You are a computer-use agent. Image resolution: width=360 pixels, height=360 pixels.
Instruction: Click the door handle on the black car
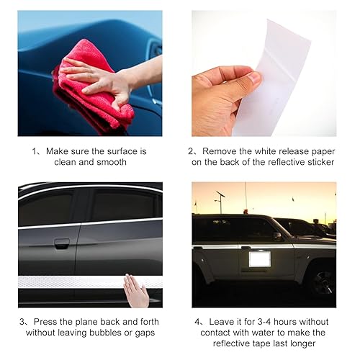click(x=62, y=243)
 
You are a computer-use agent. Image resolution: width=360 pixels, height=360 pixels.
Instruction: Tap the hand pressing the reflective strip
click(x=135, y=291)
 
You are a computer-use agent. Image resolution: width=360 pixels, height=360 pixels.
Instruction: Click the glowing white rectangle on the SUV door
click(x=260, y=259)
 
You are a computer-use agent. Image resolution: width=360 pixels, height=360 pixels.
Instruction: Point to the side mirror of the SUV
click(x=277, y=236)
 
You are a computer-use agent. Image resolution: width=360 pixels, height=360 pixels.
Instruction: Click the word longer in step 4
click(x=302, y=343)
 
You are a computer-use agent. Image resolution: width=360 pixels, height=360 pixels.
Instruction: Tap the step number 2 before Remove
click(x=191, y=151)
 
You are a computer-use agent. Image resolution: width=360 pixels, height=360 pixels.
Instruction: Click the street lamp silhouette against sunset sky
click(x=220, y=202)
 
